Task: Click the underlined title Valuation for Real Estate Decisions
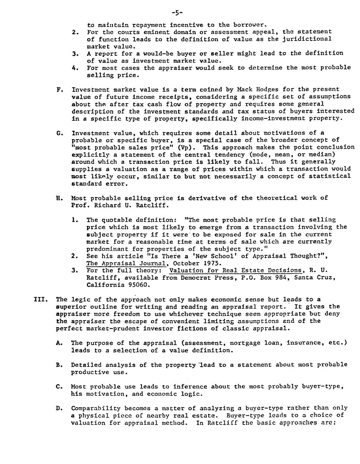[x=236, y=270]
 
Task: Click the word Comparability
[x=96, y=408]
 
